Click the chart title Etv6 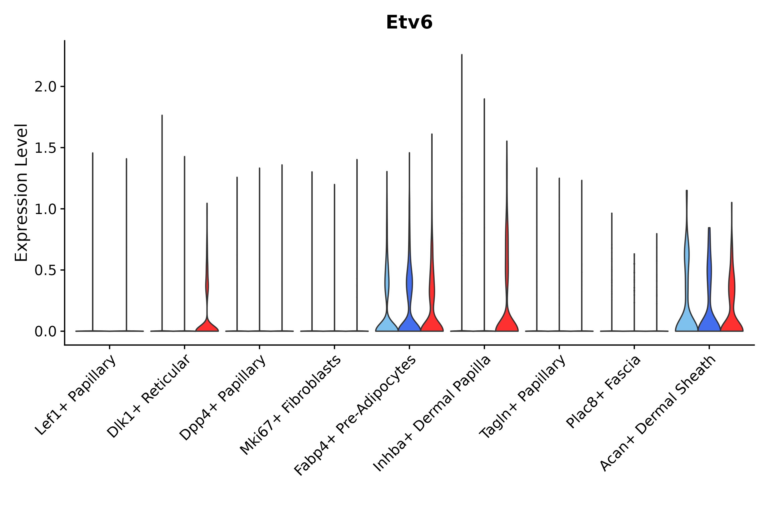pos(409,23)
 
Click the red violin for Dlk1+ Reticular pos(207,325)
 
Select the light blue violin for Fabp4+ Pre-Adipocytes pos(387,324)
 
